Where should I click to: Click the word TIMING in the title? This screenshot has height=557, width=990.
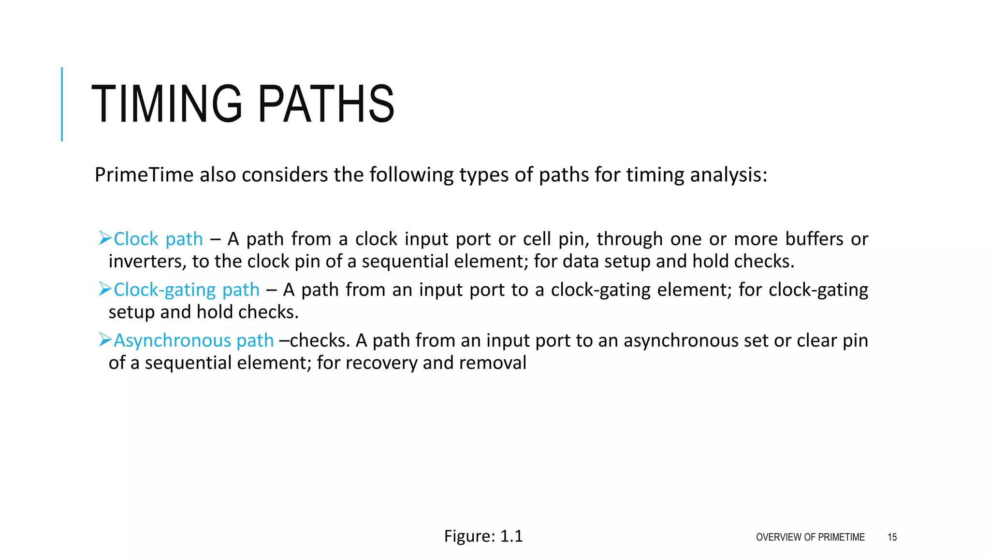pyautogui.click(x=166, y=104)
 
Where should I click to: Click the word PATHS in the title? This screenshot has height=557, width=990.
pyautogui.click(x=326, y=104)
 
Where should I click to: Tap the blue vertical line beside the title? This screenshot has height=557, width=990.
pyautogui.click(x=62, y=104)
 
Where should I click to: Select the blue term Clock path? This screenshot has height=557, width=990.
pyautogui.click(x=158, y=239)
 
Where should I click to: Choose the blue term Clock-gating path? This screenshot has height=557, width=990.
pyautogui.click(x=187, y=290)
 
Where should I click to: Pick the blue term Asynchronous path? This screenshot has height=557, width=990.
pyautogui.click(x=193, y=340)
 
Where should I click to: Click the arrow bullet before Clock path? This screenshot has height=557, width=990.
pyautogui.click(x=105, y=238)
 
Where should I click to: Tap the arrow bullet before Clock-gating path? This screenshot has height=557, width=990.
pyautogui.click(x=105, y=289)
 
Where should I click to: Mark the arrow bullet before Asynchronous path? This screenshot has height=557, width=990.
pyautogui.click(x=105, y=340)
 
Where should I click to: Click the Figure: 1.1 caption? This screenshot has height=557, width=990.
pyautogui.click(x=483, y=536)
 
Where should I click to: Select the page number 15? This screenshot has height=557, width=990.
pyautogui.click(x=892, y=537)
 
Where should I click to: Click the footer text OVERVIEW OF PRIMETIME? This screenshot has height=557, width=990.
pyautogui.click(x=810, y=537)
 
